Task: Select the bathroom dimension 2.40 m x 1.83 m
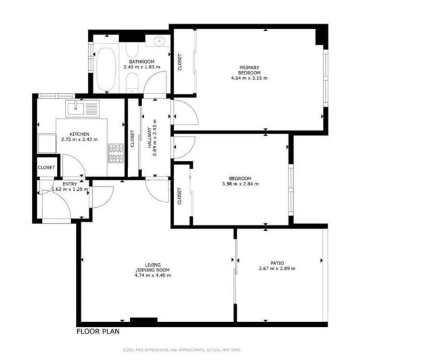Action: click(x=142, y=68)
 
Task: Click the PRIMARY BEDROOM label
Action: click(x=249, y=69)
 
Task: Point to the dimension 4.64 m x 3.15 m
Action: click(x=249, y=78)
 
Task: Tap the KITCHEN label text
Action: click(x=79, y=134)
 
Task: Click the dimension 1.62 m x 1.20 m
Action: click(x=70, y=189)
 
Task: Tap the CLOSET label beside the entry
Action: click(x=47, y=167)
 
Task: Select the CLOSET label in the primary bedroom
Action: click(x=179, y=62)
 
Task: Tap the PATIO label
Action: click(x=277, y=263)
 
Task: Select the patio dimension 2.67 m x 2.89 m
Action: click(x=277, y=269)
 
